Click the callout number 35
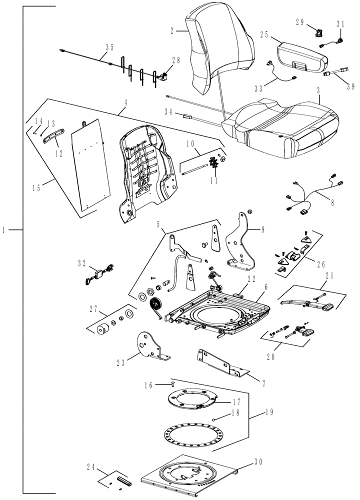click(x=109, y=48)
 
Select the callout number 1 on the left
click(x=4, y=230)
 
